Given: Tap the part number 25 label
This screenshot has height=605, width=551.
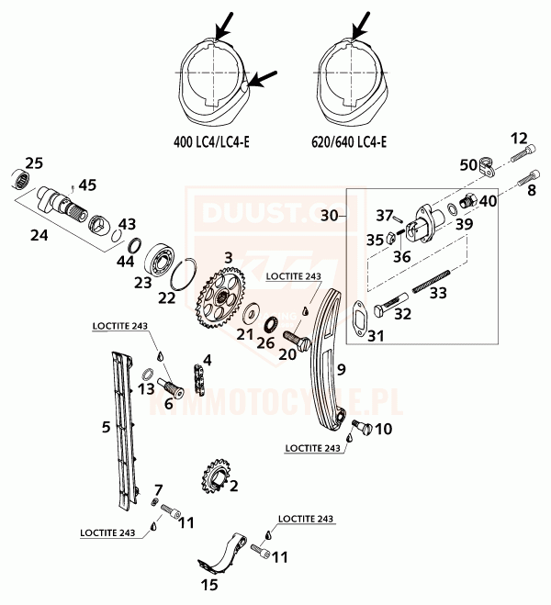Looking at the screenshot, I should [34, 163].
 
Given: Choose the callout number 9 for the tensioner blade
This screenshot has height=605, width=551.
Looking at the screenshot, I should [340, 370].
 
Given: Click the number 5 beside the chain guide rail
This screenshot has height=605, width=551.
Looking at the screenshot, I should [107, 427].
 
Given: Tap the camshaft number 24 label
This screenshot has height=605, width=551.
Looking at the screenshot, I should [39, 236].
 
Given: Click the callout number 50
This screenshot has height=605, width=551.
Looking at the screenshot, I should [467, 164].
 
